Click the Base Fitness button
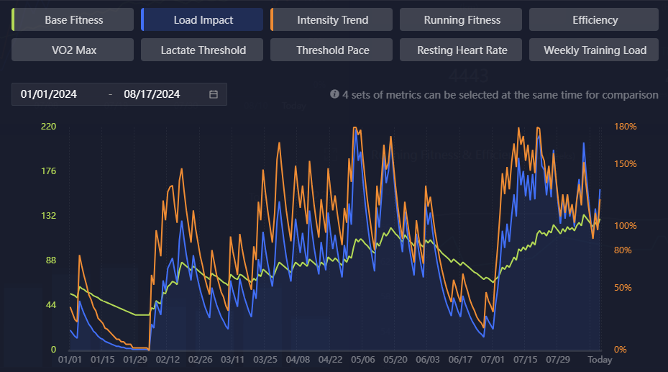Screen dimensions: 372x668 73,20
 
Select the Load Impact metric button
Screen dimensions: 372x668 203,20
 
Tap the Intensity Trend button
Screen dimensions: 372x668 332,20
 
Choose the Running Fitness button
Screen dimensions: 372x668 462,20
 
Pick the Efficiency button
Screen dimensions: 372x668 595,20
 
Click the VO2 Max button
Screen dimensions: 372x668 73,50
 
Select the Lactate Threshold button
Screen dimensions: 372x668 203,50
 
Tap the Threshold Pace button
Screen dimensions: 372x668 332,50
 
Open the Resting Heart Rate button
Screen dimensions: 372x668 462,50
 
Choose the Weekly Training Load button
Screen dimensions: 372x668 595,50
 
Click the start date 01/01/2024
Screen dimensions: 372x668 49,94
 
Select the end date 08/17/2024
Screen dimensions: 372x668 152,94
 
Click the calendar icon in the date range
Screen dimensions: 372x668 214,94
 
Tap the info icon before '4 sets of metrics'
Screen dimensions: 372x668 334,94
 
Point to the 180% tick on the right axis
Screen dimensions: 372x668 626,127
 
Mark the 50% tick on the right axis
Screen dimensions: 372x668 623,288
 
